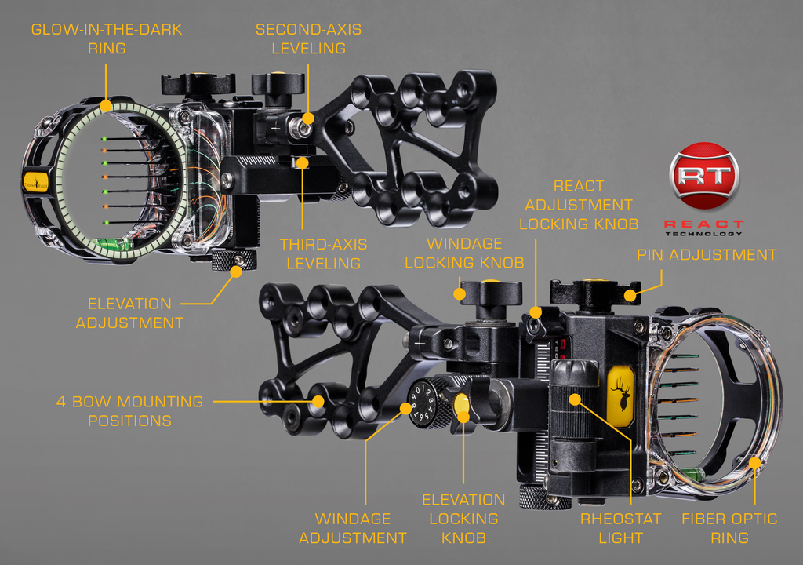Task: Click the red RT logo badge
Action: point(704,176)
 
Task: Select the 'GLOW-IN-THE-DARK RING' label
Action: point(107,38)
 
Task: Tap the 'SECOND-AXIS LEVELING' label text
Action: point(308,38)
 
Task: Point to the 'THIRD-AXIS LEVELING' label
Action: point(323,253)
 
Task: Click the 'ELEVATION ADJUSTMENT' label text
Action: point(129,313)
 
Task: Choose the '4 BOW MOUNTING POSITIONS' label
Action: point(129,411)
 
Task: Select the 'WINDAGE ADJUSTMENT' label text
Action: point(353,528)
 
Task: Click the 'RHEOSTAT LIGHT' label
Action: point(621,528)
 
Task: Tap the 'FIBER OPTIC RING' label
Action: point(729,528)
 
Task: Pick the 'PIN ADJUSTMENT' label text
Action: point(707,255)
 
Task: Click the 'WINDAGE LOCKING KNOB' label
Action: point(464,253)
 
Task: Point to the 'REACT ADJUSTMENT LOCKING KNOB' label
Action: point(579,205)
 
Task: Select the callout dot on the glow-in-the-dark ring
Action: point(106,106)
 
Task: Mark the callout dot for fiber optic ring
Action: point(755,463)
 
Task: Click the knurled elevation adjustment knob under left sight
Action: point(234,260)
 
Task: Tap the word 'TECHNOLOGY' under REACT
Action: point(703,234)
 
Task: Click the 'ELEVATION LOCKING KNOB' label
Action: point(463,519)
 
